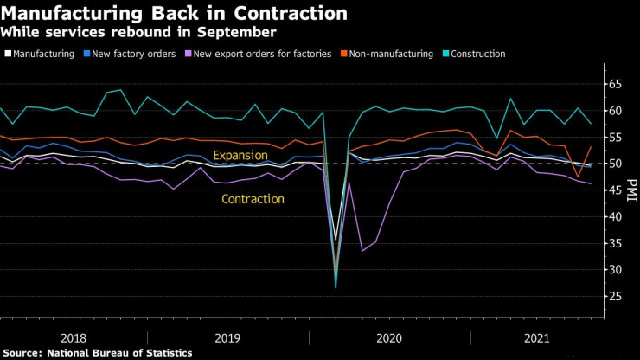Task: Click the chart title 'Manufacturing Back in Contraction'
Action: click(176, 15)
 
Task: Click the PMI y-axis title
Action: click(632, 190)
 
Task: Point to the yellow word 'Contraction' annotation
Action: click(253, 199)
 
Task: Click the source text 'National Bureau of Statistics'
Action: click(120, 353)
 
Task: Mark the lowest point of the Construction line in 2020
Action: click(336, 287)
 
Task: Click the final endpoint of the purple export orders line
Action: click(591, 183)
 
